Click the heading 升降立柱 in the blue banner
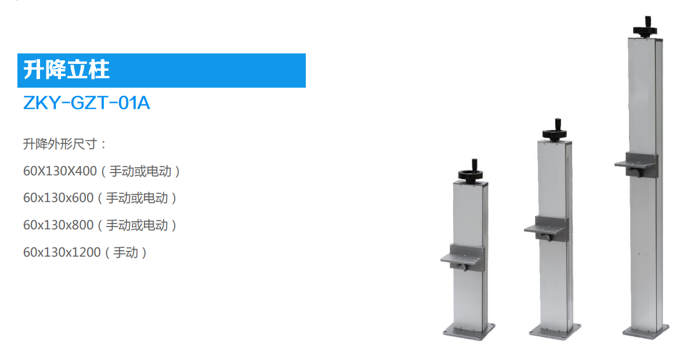[66, 70]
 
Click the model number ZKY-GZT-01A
[86, 103]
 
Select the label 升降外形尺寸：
[64, 144]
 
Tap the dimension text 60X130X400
[60, 171]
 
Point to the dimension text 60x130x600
[58, 198]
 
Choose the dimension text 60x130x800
[58, 225]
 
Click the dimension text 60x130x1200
[62, 252]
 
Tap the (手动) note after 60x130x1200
[126, 253]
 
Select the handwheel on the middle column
[555, 131]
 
